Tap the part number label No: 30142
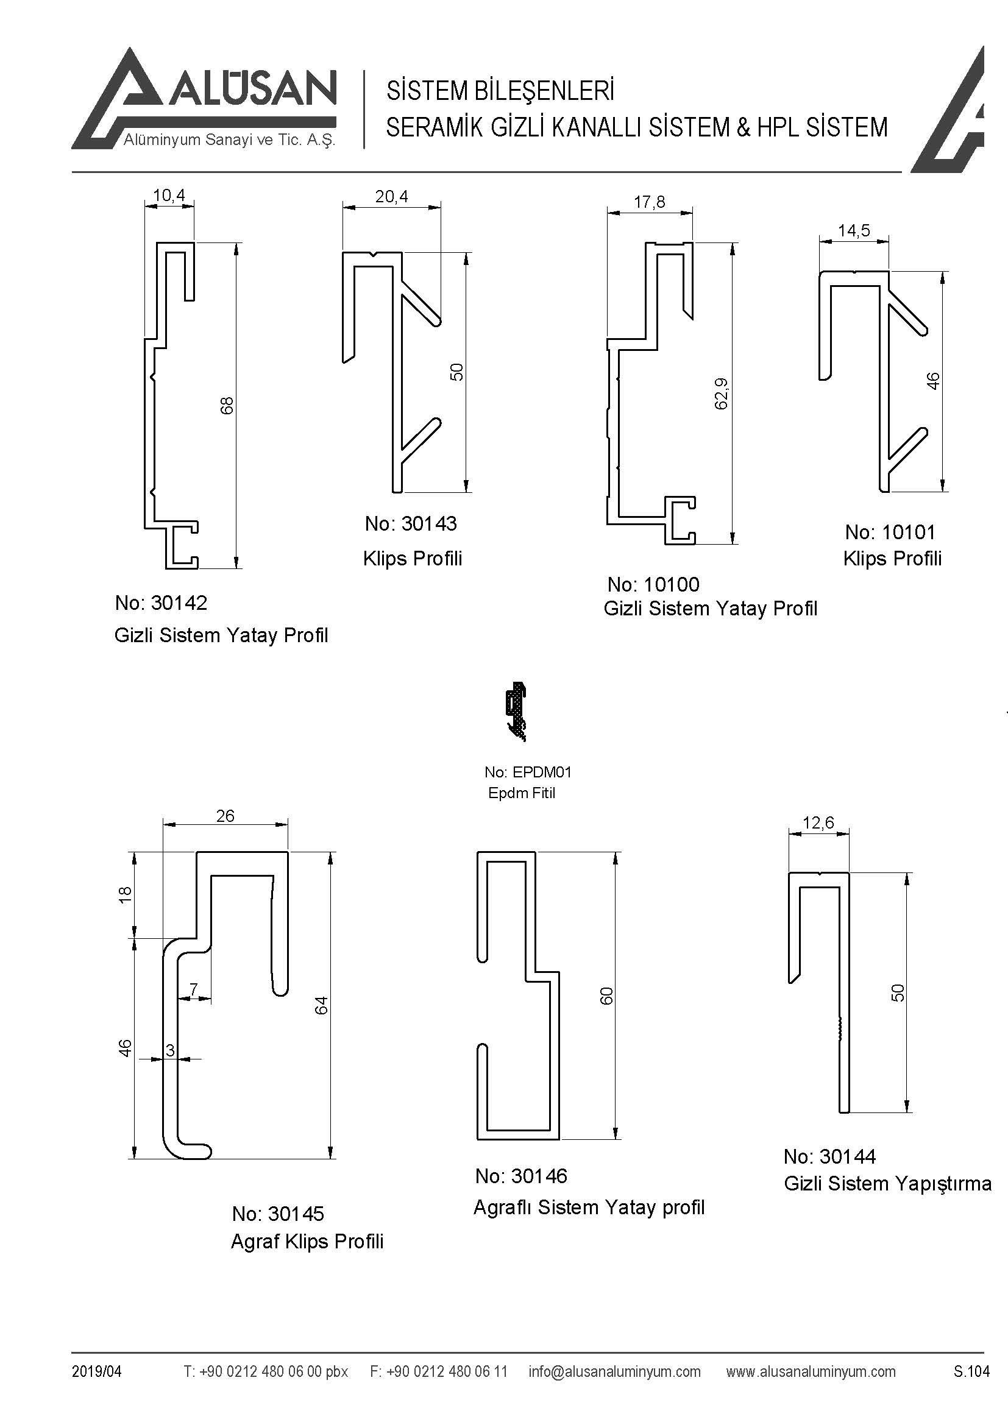click(x=161, y=603)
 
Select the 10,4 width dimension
click(x=169, y=196)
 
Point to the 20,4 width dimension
click(x=392, y=197)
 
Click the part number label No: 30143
click(x=410, y=524)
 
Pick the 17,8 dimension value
click(x=649, y=202)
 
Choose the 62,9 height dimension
click(x=721, y=394)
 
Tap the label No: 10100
click(x=653, y=585)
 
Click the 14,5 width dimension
click(x=853, y=231)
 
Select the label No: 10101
click(x=889, y=532)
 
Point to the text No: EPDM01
click(x=528, y=772)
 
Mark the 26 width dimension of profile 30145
click(x=225, y=816)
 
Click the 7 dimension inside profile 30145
click(x=194, y=989)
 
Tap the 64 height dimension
click(x=321, y=1004)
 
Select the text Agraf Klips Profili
click(x=307, y=1241)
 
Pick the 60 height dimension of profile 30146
click(x=606, y=995)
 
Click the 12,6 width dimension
click(x=818, y=823)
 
